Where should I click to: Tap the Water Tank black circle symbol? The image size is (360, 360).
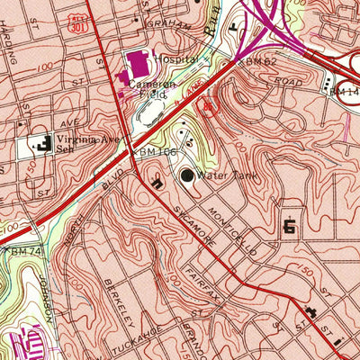(189, 176)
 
